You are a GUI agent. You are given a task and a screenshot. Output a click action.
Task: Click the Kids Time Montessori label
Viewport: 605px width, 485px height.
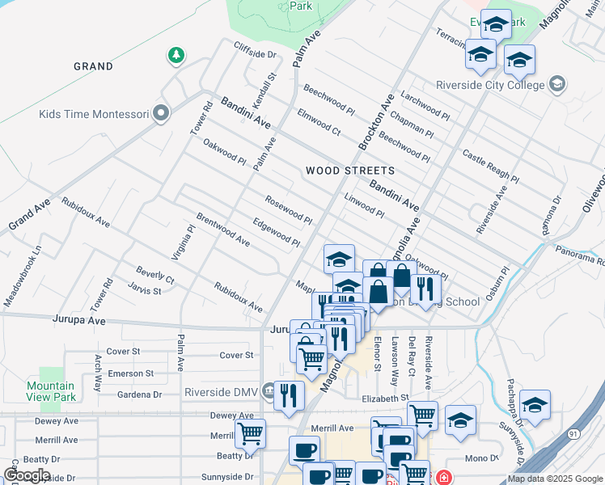[94, 114]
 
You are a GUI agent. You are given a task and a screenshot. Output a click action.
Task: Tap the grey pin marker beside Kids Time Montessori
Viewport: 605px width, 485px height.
[160, 114]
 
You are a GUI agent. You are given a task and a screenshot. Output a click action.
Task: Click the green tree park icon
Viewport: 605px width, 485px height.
[176, 55]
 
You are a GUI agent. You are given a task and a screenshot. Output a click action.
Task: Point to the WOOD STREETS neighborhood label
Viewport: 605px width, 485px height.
[350, 171]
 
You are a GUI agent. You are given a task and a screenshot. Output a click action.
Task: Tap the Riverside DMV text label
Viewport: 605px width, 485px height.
[220, 392]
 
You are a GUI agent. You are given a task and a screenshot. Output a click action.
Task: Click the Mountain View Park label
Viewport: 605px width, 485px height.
[50, 391]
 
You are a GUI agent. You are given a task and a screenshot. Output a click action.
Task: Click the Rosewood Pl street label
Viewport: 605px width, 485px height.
[288, 209]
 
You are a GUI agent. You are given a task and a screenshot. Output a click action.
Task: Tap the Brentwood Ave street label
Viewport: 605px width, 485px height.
[222, 229]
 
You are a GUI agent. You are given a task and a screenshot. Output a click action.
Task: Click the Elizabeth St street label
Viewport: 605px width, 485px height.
[386, 399]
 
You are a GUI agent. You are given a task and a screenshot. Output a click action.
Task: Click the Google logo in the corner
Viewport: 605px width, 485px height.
[26, 475]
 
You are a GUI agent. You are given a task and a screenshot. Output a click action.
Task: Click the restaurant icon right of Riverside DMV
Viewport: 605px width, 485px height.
[289, 395]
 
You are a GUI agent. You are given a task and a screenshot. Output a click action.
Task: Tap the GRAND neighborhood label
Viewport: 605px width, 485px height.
[93, 65]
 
